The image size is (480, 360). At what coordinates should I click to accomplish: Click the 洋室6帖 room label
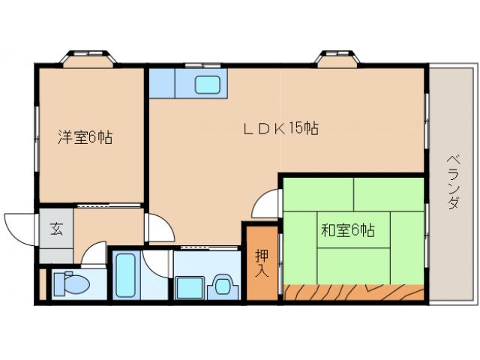tap(86, 137)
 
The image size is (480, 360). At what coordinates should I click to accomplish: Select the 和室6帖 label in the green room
tap(348, 230)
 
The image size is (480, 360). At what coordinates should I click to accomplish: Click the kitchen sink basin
tap(207, 84)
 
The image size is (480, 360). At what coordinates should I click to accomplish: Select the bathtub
tap(126, 276)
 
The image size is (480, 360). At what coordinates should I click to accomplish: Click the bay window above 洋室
tap(89, 58)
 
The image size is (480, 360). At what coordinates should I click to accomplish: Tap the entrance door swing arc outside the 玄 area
tap(18, 223)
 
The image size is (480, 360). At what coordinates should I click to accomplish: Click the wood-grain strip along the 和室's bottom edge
tap(352, 291)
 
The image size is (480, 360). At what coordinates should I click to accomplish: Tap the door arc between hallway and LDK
tap(157, 227)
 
